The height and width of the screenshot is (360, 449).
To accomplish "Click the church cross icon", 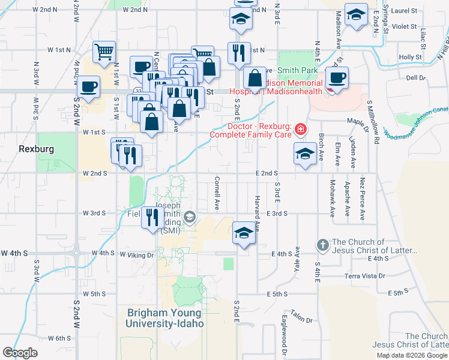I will [x=322, y=245].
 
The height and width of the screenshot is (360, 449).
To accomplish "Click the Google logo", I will [x=20, y=353].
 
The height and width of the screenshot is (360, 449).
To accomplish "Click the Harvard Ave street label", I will [x=257, y=213].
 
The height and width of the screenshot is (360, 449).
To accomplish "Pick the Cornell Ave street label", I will [x=217, y=193].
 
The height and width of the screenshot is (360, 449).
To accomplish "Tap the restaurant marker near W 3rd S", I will [x=152, y=217].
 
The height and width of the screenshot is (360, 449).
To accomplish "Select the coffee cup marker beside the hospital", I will [x=337, y=78].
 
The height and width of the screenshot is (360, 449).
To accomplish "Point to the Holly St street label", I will [x=410, y=57].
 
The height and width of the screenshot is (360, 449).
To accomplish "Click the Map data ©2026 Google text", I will [x=411, y=355].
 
